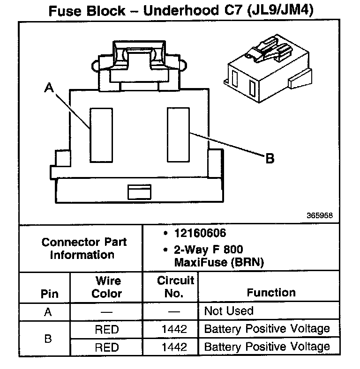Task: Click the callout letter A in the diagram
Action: click(49, 88)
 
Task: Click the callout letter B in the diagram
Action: click(270, 159)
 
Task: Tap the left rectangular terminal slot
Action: click(101, 135)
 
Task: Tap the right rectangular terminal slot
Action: click(178, 134)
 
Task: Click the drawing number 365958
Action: click(320, 216)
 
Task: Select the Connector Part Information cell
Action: click(84, 248)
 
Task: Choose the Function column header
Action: click(271, 293)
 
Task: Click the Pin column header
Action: click(50, 294)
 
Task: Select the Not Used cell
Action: click(229, 311)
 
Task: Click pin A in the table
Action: click(48, 312)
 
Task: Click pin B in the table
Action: click(48, 338)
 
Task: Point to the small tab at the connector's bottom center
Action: click(140, 192)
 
